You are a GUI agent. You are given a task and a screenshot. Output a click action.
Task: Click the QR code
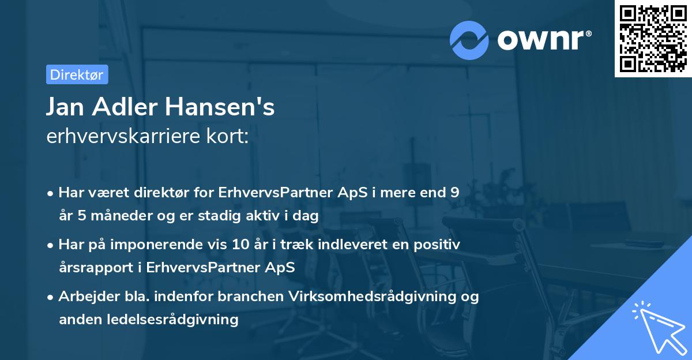pos(653,39)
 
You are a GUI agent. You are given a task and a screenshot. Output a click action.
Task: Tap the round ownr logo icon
pos(469,40)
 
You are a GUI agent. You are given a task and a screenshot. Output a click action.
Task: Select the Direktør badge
pos(77,74)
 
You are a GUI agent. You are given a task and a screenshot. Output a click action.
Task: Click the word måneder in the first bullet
pos(113,216)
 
